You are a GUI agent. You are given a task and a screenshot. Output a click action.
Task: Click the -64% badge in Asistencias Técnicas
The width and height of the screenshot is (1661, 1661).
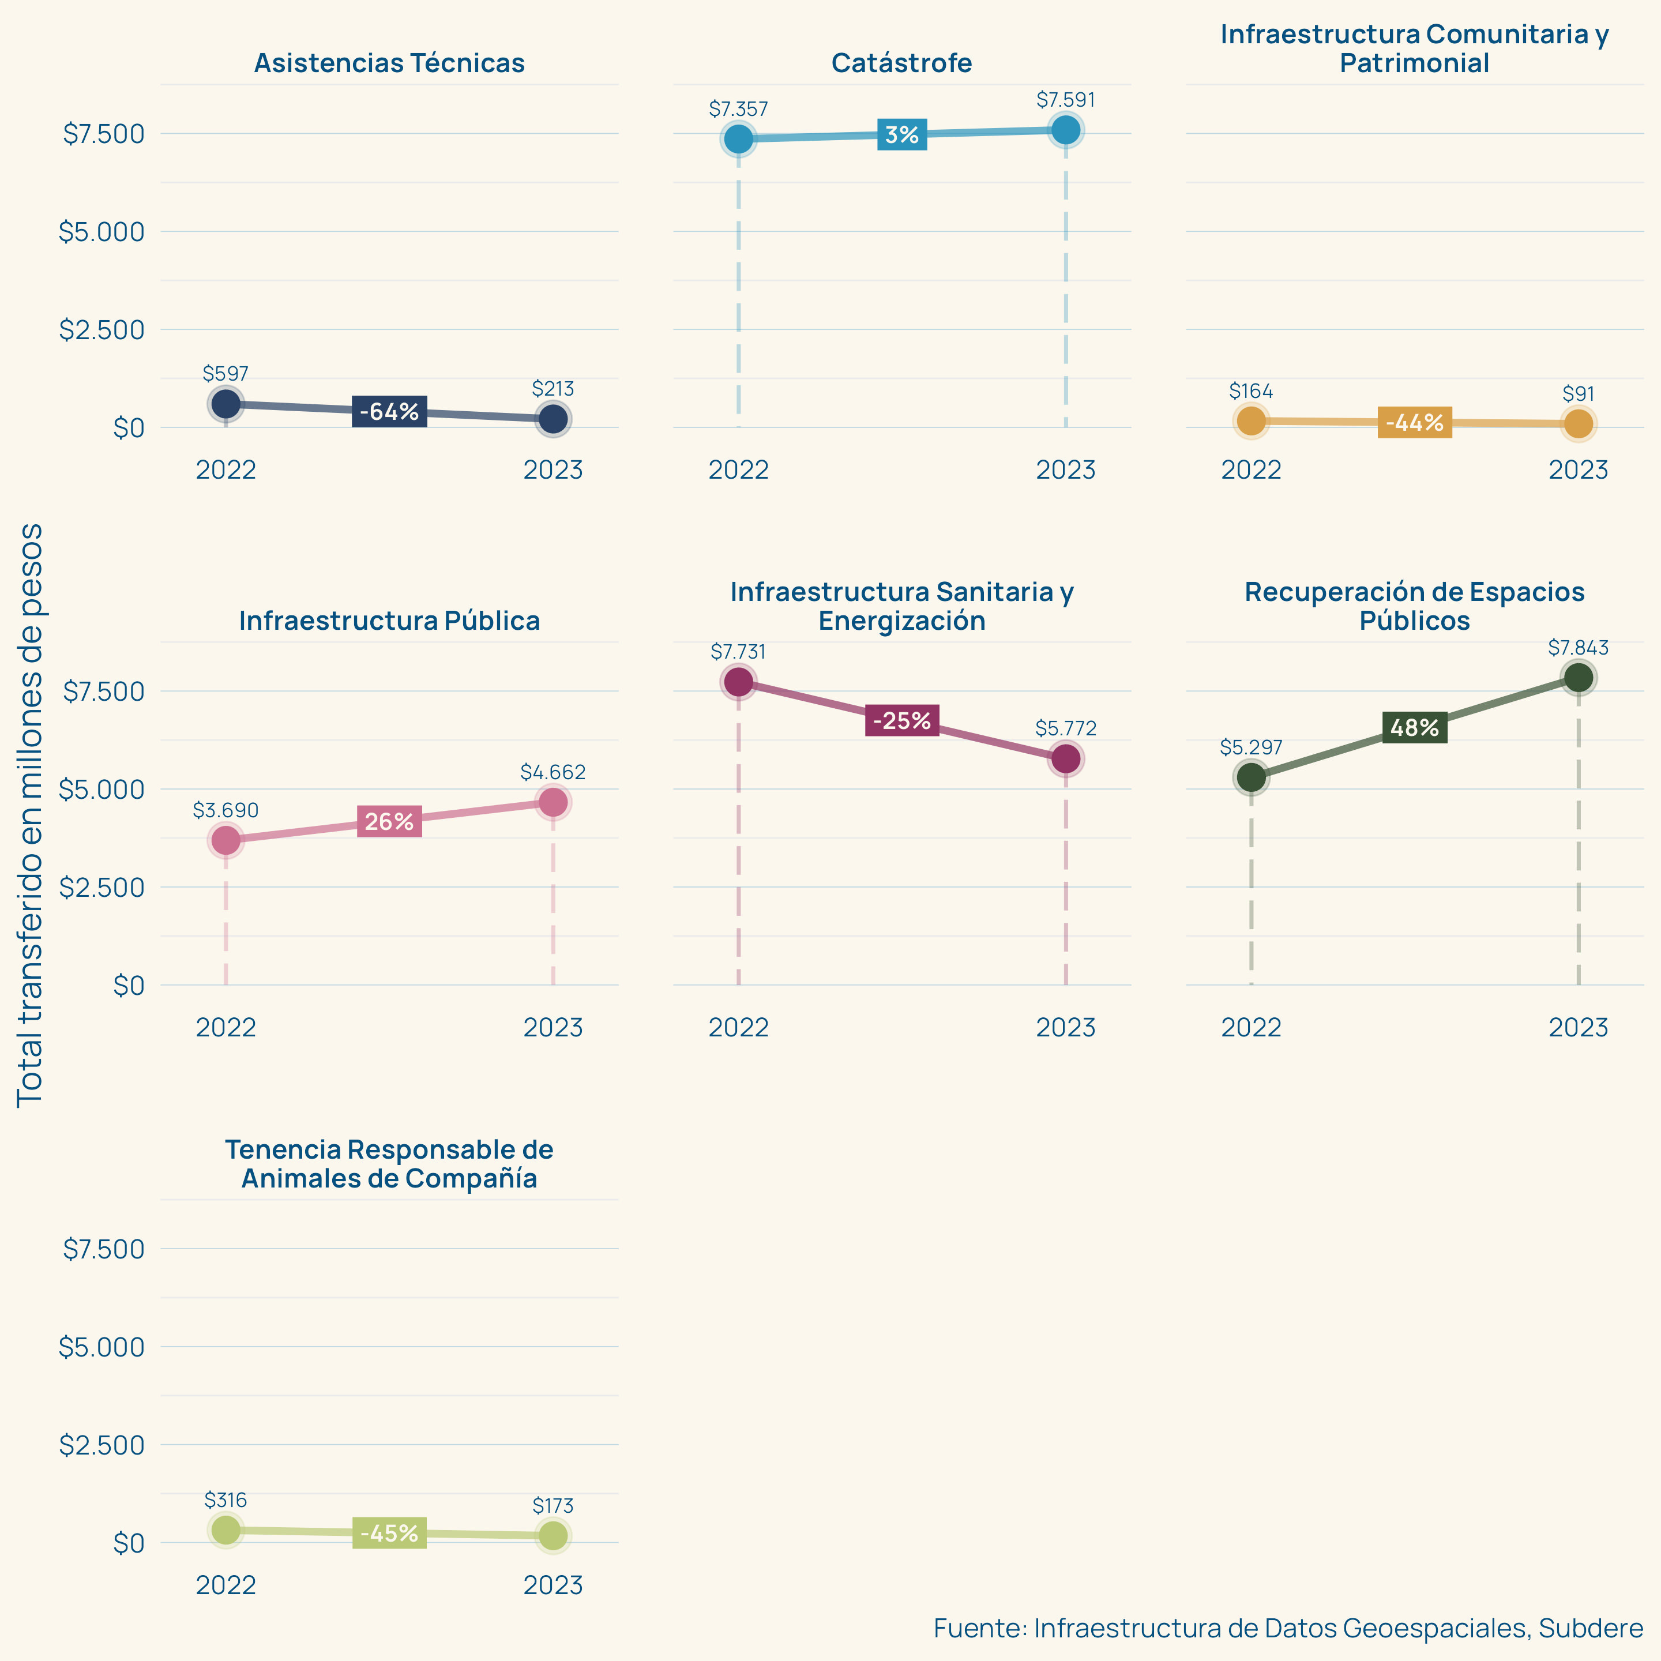(x=389, y=412)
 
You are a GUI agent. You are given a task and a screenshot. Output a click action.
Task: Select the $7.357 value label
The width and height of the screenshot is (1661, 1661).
(x=738, y=109)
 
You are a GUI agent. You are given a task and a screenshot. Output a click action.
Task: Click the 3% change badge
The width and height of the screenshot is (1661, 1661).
(x=902, y=135)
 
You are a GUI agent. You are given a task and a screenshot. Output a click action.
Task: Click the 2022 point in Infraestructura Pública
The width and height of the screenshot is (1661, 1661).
(x=226, y=840)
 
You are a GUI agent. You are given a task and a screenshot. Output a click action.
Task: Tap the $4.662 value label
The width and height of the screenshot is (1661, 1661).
(x=553, y=772)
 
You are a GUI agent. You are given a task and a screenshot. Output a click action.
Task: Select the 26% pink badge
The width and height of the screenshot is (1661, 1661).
(x=389, y=822)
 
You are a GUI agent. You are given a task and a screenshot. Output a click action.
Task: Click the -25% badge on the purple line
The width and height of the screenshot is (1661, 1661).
(x=902, y=720)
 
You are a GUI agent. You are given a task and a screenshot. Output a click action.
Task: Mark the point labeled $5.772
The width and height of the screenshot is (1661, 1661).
(x=1065, y=758)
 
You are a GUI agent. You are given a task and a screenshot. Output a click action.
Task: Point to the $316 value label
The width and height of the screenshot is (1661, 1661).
(x=226, y=1500)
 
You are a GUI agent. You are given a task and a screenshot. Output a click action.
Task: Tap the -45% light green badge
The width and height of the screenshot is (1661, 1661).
(x=389, y=1533)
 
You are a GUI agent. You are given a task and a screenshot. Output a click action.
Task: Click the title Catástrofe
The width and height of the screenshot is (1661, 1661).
(x=902, y=63)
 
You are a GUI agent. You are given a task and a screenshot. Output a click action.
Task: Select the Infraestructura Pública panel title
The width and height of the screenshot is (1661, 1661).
(x=389, y=621)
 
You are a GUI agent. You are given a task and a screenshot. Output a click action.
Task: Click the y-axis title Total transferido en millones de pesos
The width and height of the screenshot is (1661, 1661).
(x=30, y=815)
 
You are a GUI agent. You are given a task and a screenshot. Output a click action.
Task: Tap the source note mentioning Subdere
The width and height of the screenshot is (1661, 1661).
(x=1288, y=1628)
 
